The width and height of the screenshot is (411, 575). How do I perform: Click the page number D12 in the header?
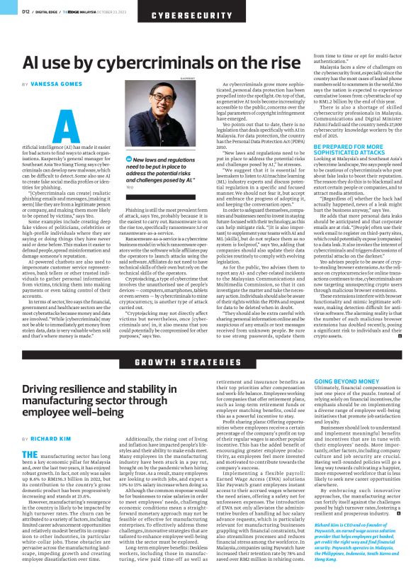[25, 11]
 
